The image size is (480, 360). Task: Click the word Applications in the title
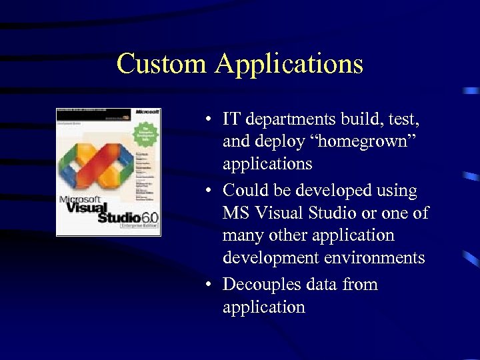pos(289,64)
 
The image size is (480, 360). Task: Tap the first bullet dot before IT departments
pos(209,120)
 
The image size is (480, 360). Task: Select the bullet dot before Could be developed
pos(209,191)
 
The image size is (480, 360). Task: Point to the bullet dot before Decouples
pos(209,285)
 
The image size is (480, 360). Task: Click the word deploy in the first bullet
pos(277,142)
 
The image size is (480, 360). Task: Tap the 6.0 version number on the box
pos(149,216)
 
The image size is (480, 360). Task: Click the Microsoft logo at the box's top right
pos(147,113)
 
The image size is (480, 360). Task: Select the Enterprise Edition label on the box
pos(139,227)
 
